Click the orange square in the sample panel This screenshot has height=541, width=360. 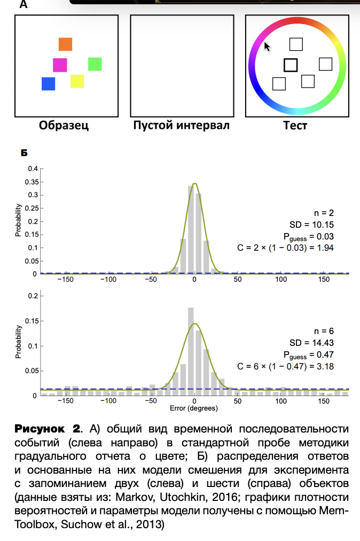(65, 44)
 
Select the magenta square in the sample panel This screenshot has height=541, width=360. (60, 65)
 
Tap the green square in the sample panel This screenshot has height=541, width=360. (95, 64)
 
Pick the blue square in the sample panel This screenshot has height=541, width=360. (49, 84)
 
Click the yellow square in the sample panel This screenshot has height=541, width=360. (77, 81)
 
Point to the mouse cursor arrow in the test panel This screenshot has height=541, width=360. (267, 47)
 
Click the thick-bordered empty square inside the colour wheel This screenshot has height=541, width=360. (290, 65)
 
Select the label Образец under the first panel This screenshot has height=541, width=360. (64, 126)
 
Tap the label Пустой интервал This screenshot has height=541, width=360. (181, 126)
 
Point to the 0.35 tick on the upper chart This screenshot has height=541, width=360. (32, 182)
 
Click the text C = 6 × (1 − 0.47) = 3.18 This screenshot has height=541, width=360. (285, 366)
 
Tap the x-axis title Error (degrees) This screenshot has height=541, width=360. (194, 408)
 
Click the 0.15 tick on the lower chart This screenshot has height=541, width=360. (32, 321)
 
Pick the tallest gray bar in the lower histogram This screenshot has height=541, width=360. (191, 351)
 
